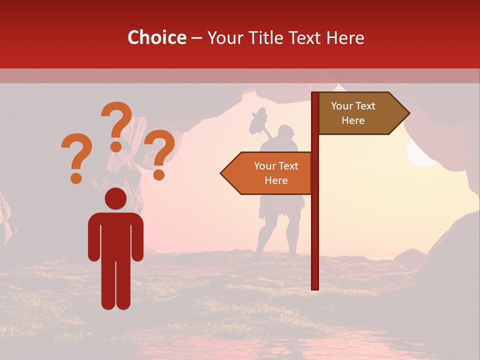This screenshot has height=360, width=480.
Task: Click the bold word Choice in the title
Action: pos(156,37)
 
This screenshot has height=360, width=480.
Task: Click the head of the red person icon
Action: pos(115,199)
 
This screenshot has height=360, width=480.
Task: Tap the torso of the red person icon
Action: pos(115,235)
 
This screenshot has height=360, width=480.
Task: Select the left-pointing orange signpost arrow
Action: pos(267,173)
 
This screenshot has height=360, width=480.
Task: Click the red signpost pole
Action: pos(315,225)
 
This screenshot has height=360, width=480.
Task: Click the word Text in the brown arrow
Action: pos(365,106)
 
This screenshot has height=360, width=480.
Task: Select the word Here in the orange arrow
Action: pos(276,180)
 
